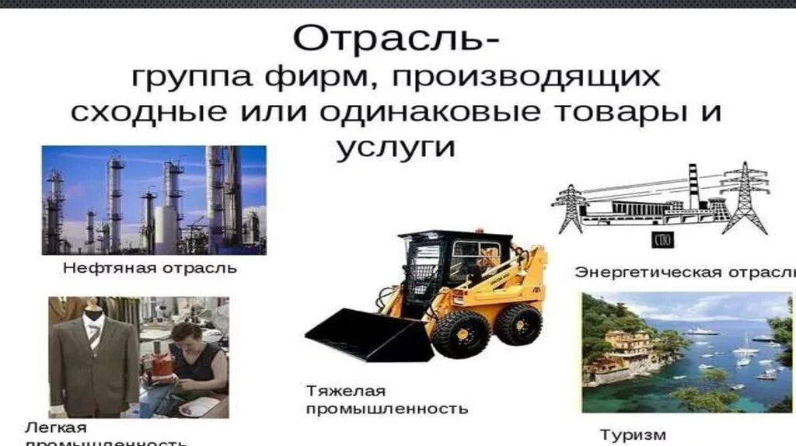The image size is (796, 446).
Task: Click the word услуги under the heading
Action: click(396, 147)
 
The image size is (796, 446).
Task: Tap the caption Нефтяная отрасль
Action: click(149, 269)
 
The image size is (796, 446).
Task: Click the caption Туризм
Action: click(633, 434)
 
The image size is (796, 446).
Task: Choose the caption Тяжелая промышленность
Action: click(386, 399)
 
